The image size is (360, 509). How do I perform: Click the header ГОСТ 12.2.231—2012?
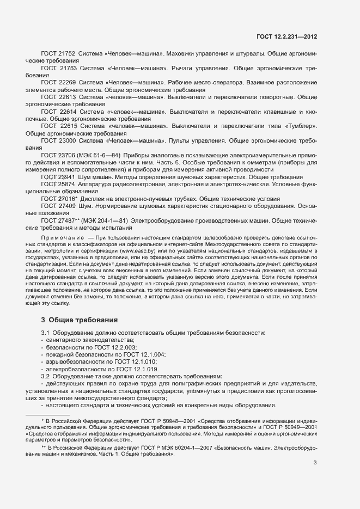286,36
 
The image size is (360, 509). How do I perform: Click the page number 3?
315,463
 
